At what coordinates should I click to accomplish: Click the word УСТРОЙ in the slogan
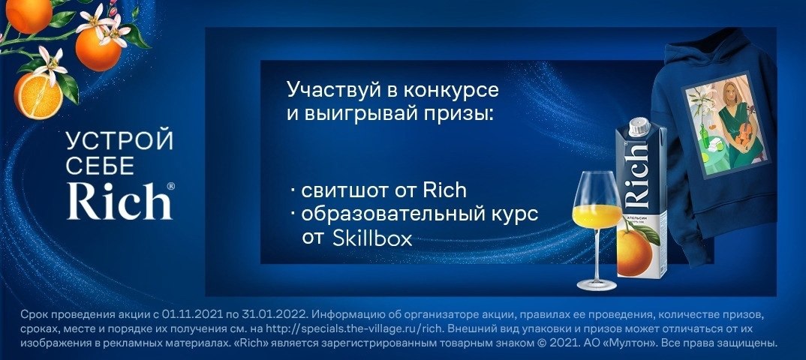120,141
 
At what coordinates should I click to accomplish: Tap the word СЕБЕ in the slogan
101,166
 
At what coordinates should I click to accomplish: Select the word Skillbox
372,238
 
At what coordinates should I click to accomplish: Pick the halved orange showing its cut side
38,96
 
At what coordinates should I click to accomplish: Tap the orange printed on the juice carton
634,253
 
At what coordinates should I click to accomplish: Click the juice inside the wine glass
597,217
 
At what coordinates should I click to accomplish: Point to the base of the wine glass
597,284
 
